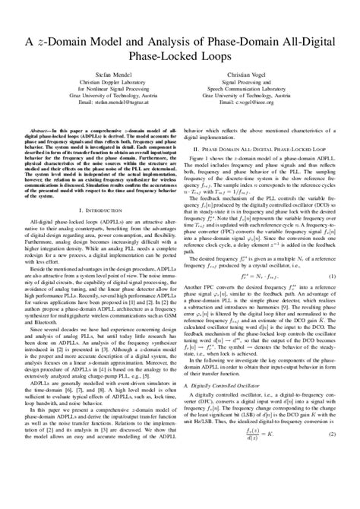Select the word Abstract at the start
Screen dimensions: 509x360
click(x=40, y=130)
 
